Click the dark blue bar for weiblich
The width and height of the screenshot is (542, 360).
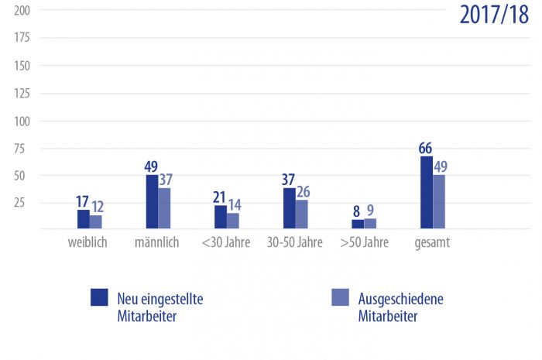coord(84,219)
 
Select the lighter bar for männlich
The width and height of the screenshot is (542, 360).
coord(164,208)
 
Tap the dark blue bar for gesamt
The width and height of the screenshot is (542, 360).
coord(427,192)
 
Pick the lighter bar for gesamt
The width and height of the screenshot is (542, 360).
coord(439,201)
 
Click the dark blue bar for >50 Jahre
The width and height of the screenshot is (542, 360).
coord(358,224)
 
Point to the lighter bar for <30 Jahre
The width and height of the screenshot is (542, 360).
coord(233,221)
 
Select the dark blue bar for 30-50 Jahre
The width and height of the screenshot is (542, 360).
coord(290,208)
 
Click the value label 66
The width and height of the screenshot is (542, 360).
coord(425,148)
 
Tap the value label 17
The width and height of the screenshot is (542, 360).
coord(83,201)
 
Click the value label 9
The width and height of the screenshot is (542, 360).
coord(371,211)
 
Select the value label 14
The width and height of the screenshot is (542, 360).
coord(234,205)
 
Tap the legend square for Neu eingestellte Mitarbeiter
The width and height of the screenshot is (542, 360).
coord(98,297)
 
